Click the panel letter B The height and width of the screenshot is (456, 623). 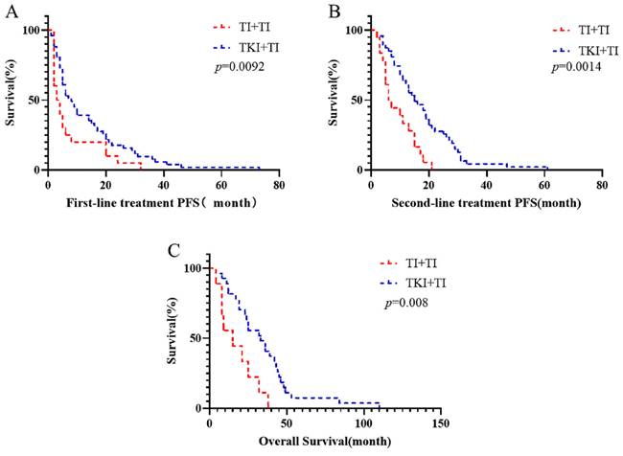335,12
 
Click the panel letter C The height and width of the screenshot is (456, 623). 173,252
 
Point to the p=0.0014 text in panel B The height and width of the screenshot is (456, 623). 573,68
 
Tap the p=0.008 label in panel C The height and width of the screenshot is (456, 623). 407,303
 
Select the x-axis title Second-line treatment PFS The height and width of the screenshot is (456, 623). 486,204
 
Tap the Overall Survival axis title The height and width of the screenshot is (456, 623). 324,443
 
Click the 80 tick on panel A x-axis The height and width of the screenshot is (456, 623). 278,185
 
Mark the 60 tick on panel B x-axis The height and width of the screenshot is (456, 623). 543,185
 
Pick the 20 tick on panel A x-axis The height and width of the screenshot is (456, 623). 105,185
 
